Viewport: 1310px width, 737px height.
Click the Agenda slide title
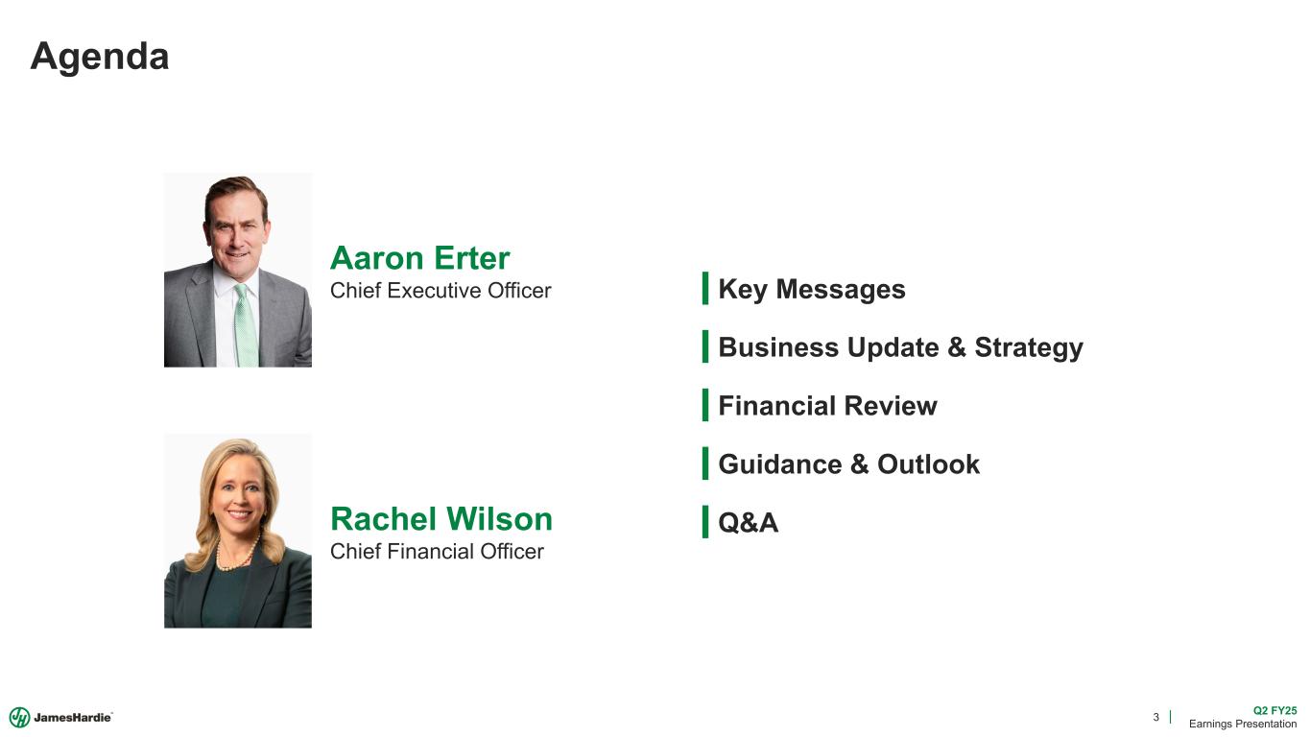pyautogui.click(x=100, y=57)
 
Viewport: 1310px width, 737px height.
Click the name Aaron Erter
pyautogui.click(x=419, y=258)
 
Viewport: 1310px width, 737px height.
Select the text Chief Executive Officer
pyautogui.click(x=441, y=291)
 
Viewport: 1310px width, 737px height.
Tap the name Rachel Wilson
pyautogui.click(x=441, y=519)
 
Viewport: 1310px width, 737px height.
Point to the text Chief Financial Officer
pyautogui.click(x=437, y=552)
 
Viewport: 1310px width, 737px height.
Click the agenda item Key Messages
pyautogui.click(x=811, y=289)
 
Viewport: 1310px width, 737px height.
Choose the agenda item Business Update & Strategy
pyautogui.click(x=900, y=347)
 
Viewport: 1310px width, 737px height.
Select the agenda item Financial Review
pyautogui.click(x=827, y=406)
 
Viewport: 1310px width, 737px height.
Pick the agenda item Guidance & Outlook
pyautogui.click(x=848, y=464)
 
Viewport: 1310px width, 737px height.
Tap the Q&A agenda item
pyautogui.click(x=748, y=523)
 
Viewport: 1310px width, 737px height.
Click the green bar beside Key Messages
pyautogui.click(x=705, y=288)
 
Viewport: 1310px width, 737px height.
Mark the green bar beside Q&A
pyautogui.click(x=705, y=522)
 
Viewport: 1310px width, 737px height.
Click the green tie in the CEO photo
pyautogui.click(x=246, y=326)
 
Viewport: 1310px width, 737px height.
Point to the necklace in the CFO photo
pyautogui.click(x=236, y=556)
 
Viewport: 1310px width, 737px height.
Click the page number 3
pyautogui.click(x=1155, y=717)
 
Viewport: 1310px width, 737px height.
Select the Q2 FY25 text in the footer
pyautogui.click(x=1274, y=710)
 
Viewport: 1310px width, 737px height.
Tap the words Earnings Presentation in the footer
pyautogui.click(x=1243, y=724)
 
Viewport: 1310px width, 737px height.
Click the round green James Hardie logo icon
pyautogui.click(x=19, y=717)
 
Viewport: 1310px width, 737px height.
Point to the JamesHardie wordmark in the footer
pyautogui.click(x=73, y=718)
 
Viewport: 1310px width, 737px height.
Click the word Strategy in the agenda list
pyautogui.click(x=1028, y=347)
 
